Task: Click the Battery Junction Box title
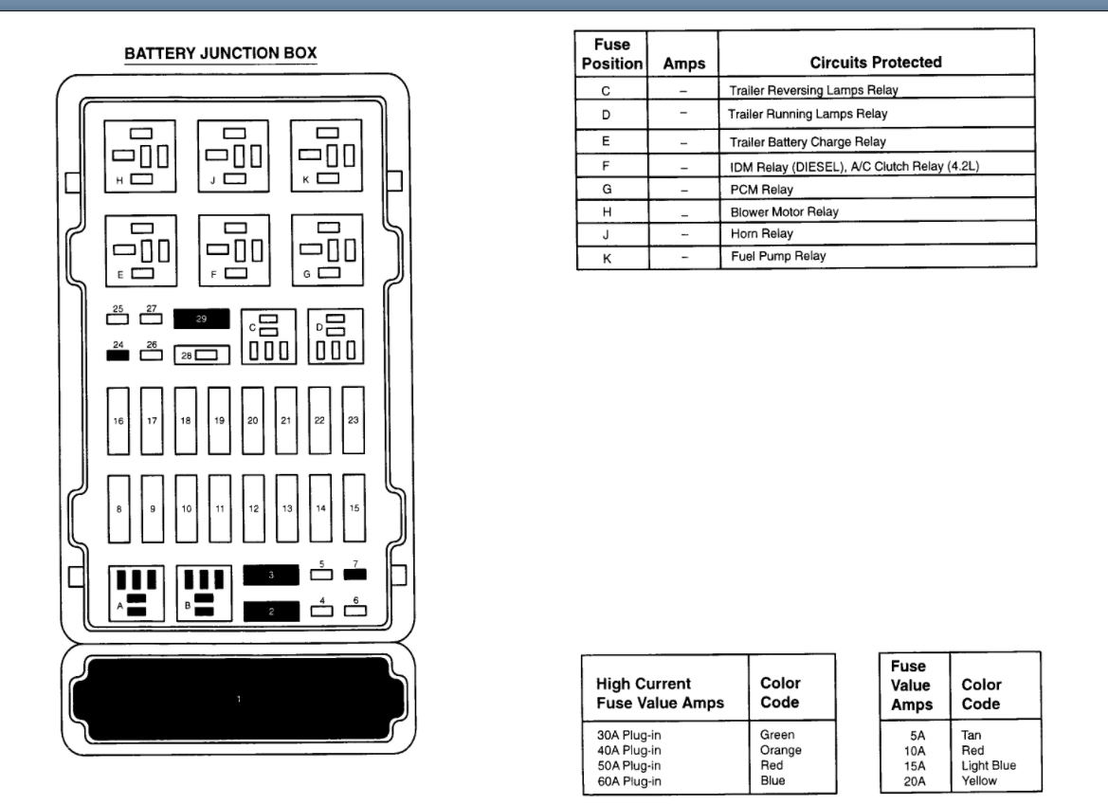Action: click(x=221, y=54)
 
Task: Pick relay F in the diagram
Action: click(x=234, y=249)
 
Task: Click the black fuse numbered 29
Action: click(x=202, y=320)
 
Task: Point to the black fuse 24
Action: click(x=118, y=357)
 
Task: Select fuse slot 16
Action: click(x=118, y=420)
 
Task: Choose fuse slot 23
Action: click(x=353, y=420)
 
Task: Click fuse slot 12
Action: click(x=253, y=509)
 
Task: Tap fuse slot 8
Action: click(x=118, y=509)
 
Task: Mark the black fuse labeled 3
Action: click(x=271, y=576)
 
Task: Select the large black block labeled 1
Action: click(x=238, y=700)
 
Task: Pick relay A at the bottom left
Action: click(x=136, y=594)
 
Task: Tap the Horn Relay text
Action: click(x=761, y=233)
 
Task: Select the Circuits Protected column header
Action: click(x=875, y=63)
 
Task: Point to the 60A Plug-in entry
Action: click(x=629, y=780)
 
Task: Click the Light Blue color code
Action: click(x=989, y=766)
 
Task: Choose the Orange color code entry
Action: click(x=780, y=750)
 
